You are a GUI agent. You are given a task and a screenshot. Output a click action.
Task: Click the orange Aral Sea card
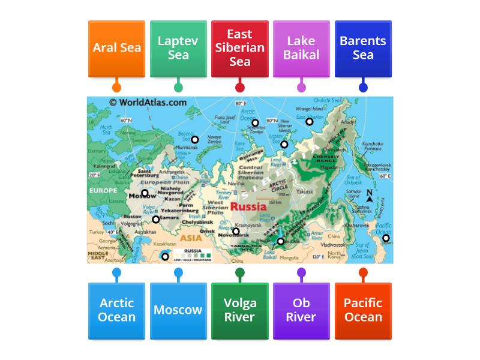click(116, 49)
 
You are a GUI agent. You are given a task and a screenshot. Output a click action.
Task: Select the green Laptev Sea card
click(178, 49)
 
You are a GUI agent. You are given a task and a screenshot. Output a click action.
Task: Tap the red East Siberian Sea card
click(240, 49)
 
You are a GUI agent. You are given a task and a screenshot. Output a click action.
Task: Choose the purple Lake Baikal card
click(301, 49)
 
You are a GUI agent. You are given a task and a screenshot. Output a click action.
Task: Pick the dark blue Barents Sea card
click(363, 49)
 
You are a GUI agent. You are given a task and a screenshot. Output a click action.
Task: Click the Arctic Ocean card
click(116, 310)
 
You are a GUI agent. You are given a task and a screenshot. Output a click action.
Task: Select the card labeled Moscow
click(178, 310)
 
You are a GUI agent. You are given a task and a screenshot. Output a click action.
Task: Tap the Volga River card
click(240, 310)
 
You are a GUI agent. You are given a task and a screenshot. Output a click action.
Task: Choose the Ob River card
click(301, 310)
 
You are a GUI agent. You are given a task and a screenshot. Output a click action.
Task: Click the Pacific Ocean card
click(363, 310)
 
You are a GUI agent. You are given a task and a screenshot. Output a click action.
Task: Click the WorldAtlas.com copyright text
click(148, 103)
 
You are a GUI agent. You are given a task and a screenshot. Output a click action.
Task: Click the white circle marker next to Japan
click(386, 238)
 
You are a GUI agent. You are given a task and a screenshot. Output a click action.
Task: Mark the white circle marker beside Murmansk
click(195, 140)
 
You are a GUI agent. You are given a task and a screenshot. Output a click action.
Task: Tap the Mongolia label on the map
click(289, 258)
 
